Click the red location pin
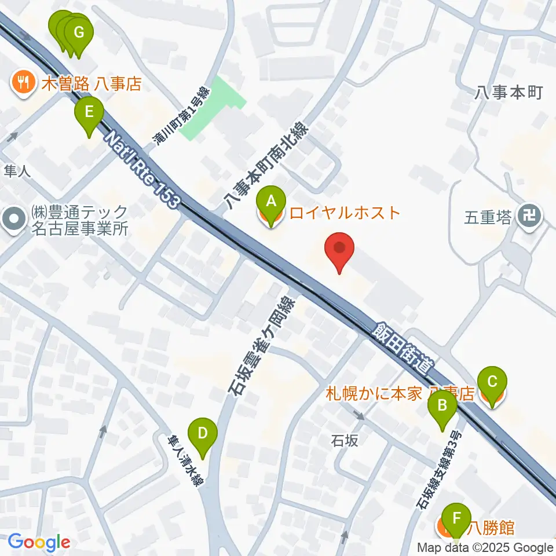[341, 251]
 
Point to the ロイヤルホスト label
[345, 213]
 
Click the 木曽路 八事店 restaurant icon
[23, 83]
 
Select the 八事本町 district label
[509, 92]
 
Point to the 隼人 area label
[17, 170]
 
